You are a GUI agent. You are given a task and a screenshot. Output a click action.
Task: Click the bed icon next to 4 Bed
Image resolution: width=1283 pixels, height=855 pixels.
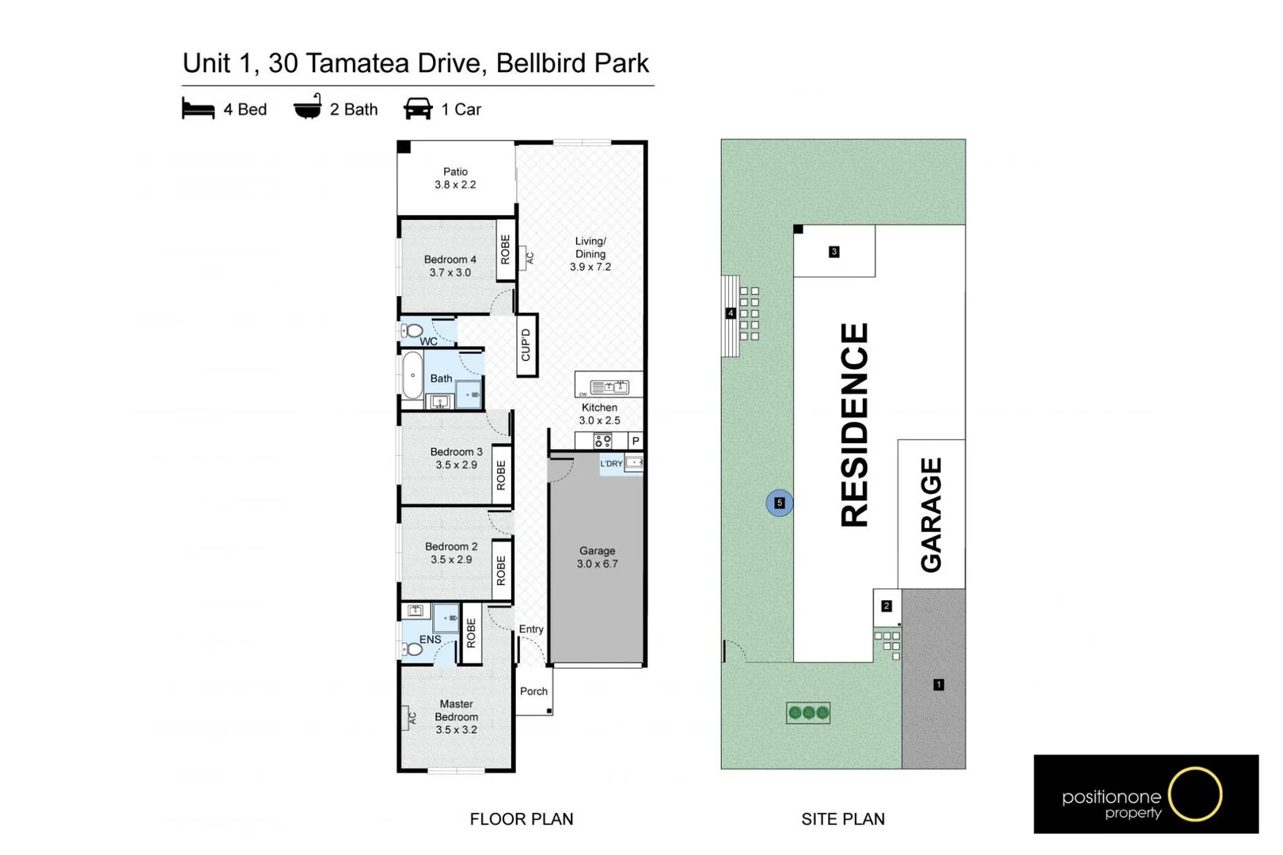click(198, 108)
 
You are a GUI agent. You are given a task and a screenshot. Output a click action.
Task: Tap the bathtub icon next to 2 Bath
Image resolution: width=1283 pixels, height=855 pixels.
click(308, 107)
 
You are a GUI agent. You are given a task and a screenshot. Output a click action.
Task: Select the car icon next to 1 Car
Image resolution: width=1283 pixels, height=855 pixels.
click(417, 108)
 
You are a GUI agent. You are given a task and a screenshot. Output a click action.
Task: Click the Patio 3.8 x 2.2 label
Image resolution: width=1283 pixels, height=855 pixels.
click(455, 178)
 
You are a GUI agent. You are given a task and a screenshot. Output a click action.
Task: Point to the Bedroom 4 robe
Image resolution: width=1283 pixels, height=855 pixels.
click(506, 249)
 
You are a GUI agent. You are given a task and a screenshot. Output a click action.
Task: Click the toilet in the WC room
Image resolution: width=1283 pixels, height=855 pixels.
click(412, 330)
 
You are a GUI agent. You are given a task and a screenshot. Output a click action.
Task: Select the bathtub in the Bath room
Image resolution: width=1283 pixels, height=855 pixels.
click(412, 375)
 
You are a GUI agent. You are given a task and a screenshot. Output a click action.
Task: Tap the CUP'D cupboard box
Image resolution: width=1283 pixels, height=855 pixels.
click(526, 345)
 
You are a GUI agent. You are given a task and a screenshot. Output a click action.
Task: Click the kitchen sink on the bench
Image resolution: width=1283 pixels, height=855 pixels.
click(609, 386)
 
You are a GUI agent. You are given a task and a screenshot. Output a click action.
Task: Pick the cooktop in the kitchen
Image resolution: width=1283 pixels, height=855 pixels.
click(602, 441)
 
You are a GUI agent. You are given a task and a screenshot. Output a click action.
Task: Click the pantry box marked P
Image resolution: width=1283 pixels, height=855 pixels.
click(636, 441)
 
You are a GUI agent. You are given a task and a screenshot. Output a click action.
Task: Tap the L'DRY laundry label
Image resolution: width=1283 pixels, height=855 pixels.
click(611, 463)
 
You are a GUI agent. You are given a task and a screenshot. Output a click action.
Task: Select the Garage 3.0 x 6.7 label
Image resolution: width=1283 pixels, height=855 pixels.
click(597, 557)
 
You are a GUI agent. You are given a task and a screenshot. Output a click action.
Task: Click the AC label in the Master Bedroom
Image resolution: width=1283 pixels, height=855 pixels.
click(412, 718)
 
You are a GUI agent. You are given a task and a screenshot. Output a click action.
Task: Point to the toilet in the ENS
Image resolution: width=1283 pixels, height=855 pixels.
click(412, 649)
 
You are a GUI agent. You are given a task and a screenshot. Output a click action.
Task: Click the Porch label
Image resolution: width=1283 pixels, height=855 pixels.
click(533, 691)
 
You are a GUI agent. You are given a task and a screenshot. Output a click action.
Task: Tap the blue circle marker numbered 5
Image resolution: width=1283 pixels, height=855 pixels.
click(780, 503)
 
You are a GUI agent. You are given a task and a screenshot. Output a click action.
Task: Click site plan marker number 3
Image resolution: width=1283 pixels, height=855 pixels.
click(833, 252)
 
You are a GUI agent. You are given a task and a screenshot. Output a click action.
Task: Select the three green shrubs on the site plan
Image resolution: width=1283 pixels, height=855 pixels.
click(808, 712)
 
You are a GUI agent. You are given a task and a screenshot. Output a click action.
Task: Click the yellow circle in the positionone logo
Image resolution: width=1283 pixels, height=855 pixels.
click(1195, 793)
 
